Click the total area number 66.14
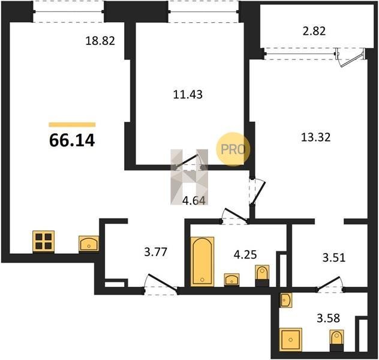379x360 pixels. coord(72,141)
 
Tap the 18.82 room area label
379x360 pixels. coord(100,41)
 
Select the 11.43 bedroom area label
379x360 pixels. coord(188,94)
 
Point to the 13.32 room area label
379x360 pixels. coord(315,137)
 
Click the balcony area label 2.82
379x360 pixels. coord(314,31)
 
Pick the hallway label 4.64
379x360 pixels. coord(194,200)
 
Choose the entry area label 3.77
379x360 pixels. coord(156,252)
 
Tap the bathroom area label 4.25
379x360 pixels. coord(245,254)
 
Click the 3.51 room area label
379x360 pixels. coord(334,258)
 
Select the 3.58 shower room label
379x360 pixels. coord(329,318)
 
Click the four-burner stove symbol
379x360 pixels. coord(44,242)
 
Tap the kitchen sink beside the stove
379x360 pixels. coord(89,243)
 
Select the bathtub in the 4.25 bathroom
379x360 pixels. coord(202,262)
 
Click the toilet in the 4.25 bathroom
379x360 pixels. coord(262,276)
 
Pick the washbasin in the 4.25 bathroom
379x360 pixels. coord(232,280)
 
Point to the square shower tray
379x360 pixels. coord(291,340)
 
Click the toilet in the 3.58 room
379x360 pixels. coord(336,341)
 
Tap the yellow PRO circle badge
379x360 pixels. coord(233,149)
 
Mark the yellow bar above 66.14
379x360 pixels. coord(72,125)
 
